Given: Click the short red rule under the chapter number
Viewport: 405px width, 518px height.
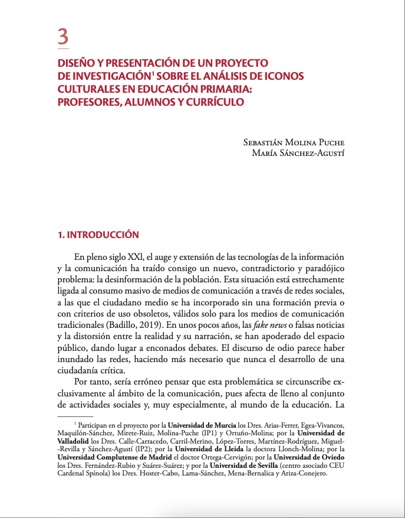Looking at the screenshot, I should [63, 48].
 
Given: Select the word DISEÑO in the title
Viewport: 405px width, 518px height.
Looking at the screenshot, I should [75, 63].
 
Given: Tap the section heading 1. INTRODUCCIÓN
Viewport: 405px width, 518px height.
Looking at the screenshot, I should [98, 235].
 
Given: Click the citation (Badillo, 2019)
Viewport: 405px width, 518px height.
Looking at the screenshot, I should [133, 325].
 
